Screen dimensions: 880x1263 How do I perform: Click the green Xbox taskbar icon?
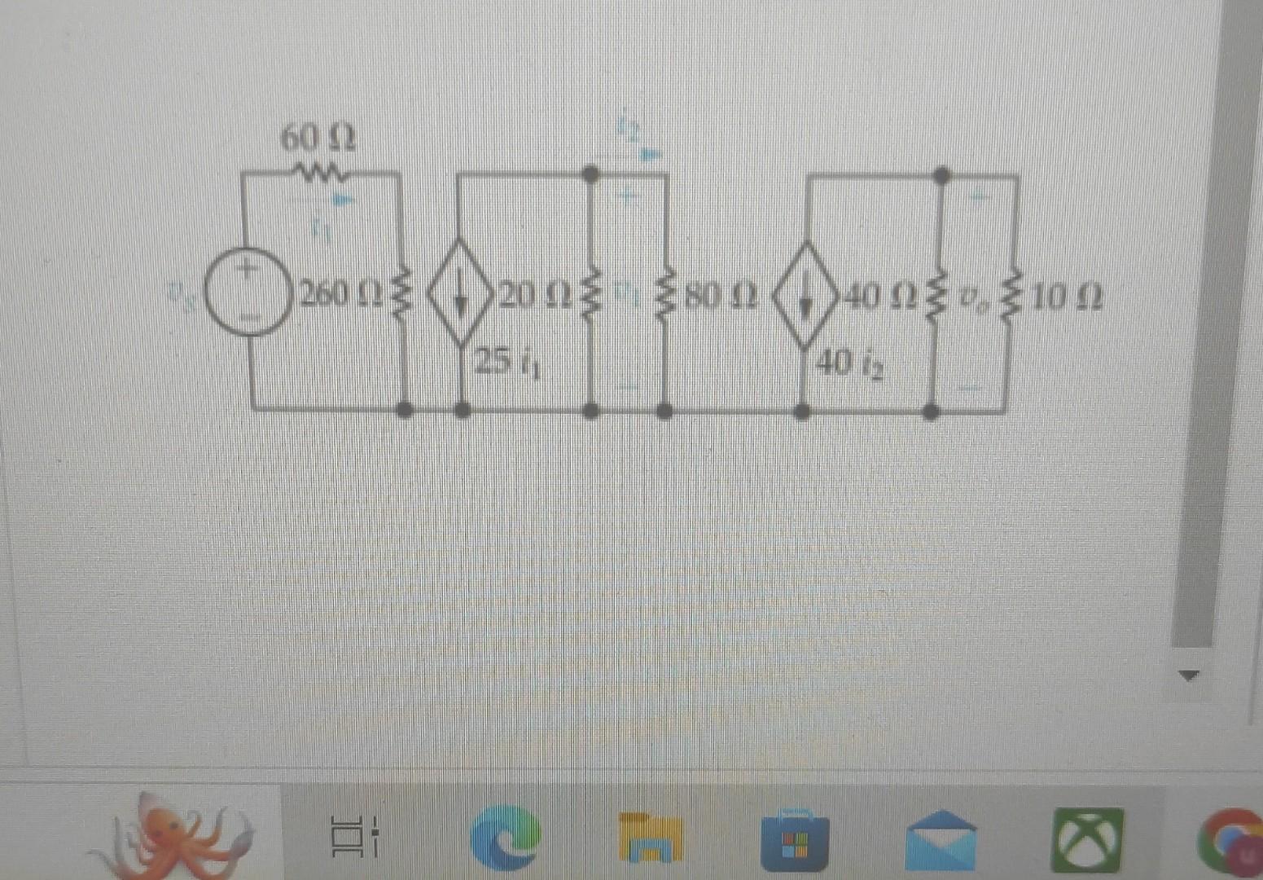(1086, 839)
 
